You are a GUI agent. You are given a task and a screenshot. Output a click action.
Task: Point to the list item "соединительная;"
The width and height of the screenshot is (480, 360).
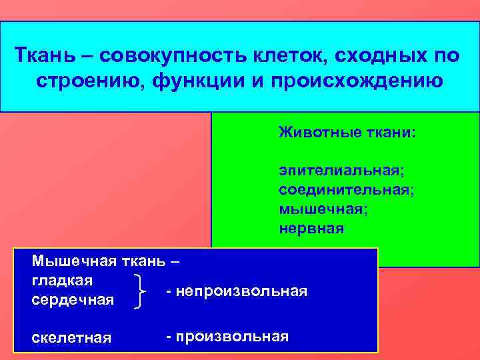(347, 191)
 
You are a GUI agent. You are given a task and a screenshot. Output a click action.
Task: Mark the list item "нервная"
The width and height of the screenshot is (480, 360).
(311, 228)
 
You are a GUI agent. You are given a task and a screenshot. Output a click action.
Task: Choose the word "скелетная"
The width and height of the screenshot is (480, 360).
(71, 337)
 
